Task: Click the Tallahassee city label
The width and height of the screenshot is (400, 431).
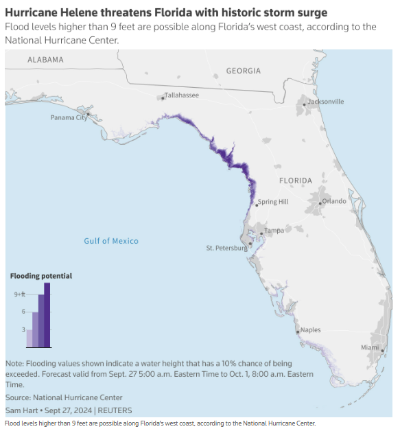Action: (x=182, y=95)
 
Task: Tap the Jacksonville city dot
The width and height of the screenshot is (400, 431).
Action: (x=304, y=105)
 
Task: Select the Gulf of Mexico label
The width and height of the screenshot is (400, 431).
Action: (x=111, y=241)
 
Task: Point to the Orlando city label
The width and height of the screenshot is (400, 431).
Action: (x=334, y=201)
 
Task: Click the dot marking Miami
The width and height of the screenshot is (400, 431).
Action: (x=382, y=351)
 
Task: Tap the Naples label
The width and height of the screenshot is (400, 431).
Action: (x=310, y=330)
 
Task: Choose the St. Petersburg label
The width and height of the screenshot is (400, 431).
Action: (x=227, y=248)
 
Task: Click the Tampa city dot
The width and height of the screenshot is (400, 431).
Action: (x=261, y=233)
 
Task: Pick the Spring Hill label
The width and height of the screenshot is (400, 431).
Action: (x=273, y=202)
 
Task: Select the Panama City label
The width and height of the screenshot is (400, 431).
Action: (x=69, y=117)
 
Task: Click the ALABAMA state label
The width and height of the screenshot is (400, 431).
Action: (x=45, y=60)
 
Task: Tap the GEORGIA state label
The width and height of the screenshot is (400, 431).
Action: (x=244, y=71)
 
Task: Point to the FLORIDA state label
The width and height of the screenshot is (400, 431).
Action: (x=296, y=180)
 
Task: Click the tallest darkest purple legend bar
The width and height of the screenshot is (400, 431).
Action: (x=47, y=315)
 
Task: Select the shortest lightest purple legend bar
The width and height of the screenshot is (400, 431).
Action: (x=30, y=338)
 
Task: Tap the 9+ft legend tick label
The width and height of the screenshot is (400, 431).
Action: (x=20, y=294)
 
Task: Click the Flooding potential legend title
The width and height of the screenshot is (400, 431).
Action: (x=41, y=276)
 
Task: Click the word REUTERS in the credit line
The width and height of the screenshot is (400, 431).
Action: (x=115, y=410)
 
